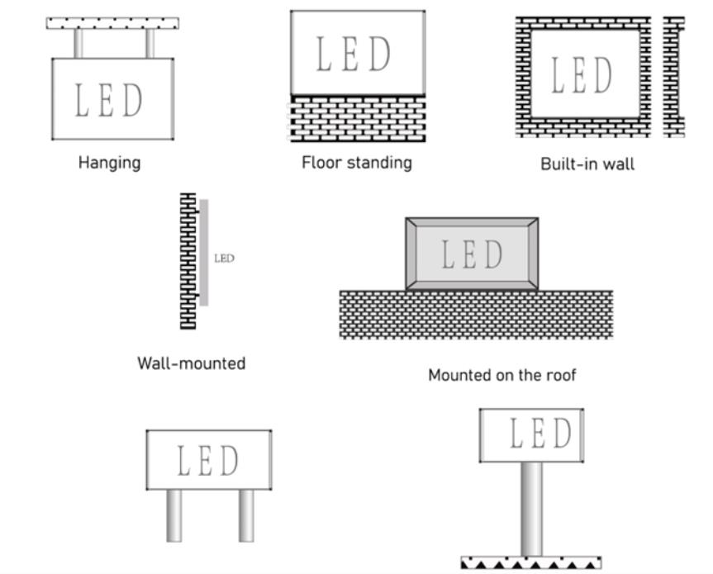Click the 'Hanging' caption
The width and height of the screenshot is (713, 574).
tap(110, 163)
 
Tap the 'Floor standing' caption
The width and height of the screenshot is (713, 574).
tap(357, 163)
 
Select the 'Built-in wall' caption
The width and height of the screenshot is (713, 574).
tap(587, 164)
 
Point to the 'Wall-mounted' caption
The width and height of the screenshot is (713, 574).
tap(192, 363)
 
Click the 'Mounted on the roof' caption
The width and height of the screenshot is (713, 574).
tap(502, 375)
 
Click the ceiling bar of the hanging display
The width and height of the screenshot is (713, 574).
tap(112, 23)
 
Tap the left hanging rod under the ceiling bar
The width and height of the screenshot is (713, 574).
tap(78, 44)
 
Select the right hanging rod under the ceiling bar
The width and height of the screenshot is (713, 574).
tap(150, 44)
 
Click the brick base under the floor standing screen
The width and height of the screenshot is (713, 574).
tap(358, 118)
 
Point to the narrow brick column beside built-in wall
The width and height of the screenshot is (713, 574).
tap(674, 77)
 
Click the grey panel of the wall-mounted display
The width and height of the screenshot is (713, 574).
tap(204, 253)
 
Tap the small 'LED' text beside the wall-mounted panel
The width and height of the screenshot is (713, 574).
tap(224, 259)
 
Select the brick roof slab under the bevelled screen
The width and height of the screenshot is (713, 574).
tap(476, 315)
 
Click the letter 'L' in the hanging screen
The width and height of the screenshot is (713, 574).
tap(81, 100)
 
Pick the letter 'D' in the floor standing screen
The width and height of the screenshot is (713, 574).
tap(380, 54)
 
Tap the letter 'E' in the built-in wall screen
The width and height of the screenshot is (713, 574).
tap(579, 75)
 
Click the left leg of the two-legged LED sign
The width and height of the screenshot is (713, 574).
tap(174, 516)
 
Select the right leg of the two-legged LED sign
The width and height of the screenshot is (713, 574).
tap(246, 516)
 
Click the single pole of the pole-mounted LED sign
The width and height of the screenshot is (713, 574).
tap(531, 509)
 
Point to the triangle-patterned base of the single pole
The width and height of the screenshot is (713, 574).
tap(531, 562)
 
